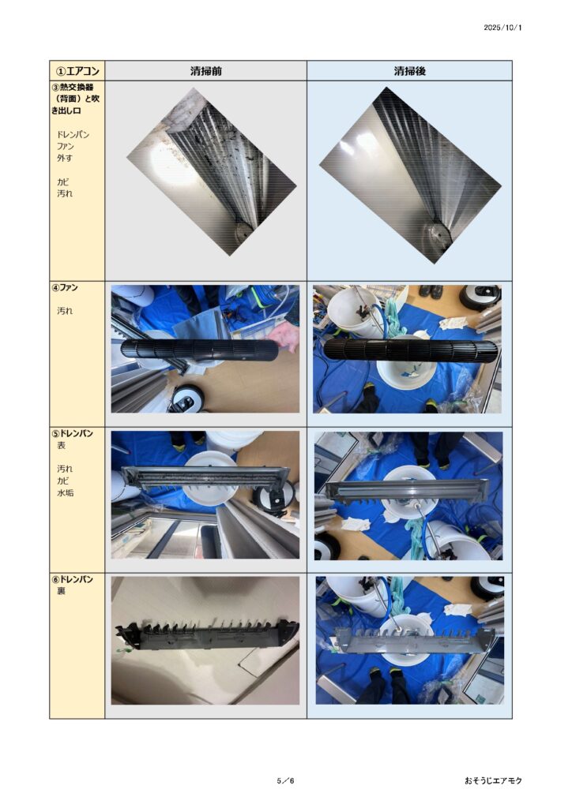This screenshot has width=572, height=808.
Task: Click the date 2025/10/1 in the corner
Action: tap(502, 28)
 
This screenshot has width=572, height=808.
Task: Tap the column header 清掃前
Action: tap(205, 71)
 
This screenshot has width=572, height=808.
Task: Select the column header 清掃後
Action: tap(409, 71)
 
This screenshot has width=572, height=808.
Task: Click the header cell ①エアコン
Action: tap(77, 71)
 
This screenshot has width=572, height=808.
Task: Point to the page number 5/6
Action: tap(285, 780)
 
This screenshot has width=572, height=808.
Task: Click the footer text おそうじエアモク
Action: tap(493, 780)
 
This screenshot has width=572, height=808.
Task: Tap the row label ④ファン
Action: tap(65, 287)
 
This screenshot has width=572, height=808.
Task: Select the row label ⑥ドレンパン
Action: tap(72, 579)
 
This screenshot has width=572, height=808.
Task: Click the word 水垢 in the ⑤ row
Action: tap(65, 492)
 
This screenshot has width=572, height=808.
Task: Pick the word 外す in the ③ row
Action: tap(65, 158)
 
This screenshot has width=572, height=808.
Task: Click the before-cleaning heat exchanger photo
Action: tap(212, 171)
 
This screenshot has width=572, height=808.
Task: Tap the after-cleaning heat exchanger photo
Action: tap(411, 175)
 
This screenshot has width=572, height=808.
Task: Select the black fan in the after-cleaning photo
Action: tap(412, 351)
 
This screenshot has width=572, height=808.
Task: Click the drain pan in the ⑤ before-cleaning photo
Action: tap(205, 477)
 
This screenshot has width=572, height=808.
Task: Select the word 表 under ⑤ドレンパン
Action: tap(62, 446)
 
